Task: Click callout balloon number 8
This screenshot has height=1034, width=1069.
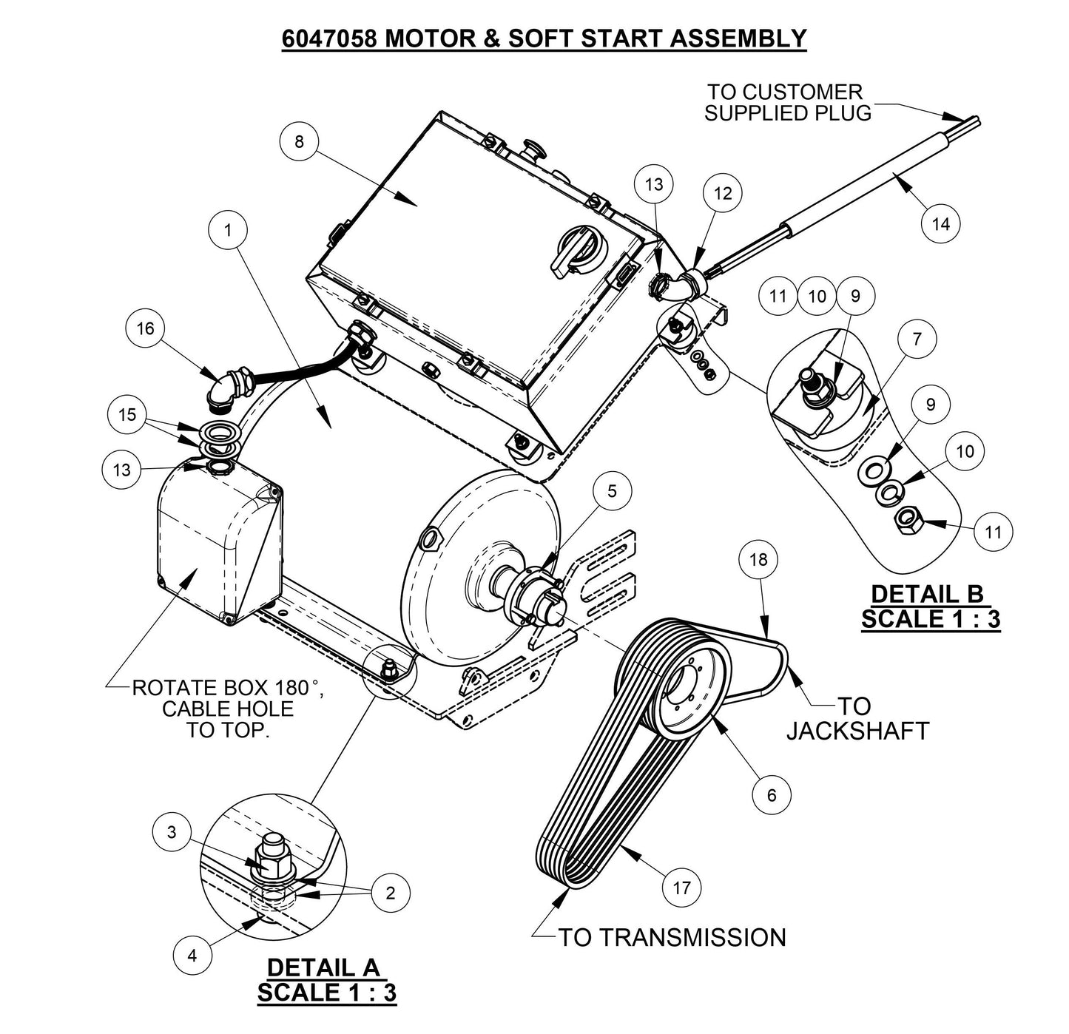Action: point(299,141)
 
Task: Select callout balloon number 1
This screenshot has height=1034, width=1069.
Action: point(228,230)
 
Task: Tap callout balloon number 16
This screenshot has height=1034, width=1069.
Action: point(145,328)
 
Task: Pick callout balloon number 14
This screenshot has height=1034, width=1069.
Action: point(941,223)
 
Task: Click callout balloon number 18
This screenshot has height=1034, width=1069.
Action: point(759,559)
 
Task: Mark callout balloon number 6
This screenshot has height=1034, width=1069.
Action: point(772,794)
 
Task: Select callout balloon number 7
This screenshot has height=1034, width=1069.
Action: point(917,339)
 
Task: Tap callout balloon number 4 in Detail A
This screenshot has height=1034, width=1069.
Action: point(192,955)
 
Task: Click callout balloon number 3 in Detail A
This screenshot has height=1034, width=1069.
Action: point(172,832)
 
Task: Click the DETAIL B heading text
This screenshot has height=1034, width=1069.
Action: point(930,594)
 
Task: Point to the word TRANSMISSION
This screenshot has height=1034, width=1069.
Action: point(692,937)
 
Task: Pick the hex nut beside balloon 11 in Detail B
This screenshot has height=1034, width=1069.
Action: point(906,522)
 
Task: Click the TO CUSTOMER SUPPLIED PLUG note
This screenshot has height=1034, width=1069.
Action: point(786,103)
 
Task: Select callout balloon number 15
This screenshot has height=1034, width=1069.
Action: point(127,414)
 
